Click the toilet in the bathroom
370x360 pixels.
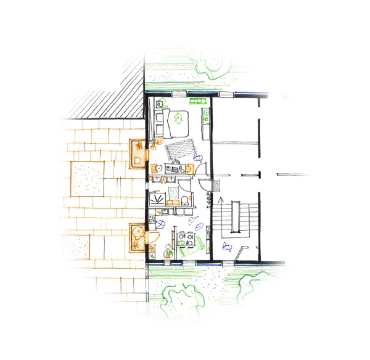click(186, 198)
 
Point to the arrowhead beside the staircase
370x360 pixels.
click(220, 200)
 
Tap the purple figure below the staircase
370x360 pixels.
click(227, 248)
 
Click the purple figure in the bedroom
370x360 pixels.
click(198, 158)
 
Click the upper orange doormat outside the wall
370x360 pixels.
click(137, 155)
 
